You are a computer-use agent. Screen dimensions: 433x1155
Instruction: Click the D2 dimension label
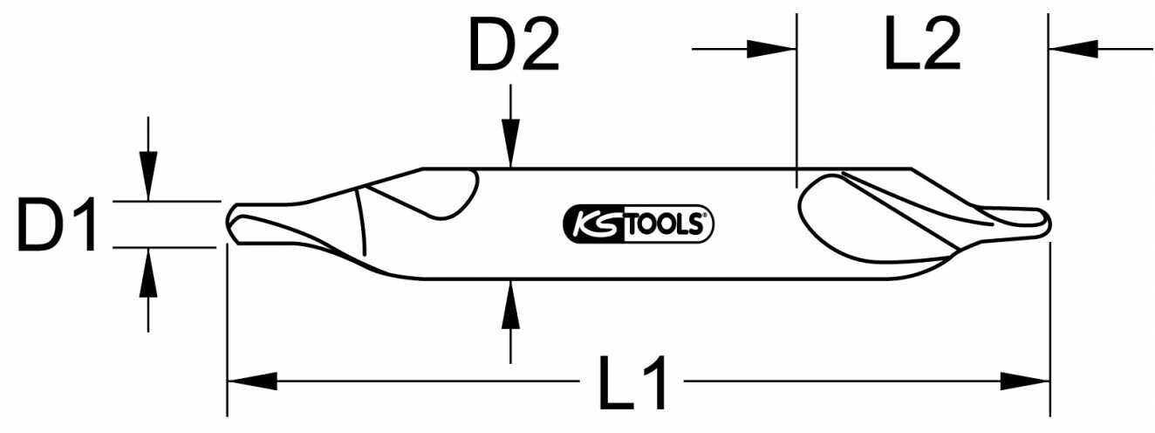pyautogui.click(x=513, y=45)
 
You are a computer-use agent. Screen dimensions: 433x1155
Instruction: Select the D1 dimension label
pyautogui.click(x=58, y=224)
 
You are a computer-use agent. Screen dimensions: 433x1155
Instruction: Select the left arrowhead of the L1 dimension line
pyautogui.click(x=253, y=381)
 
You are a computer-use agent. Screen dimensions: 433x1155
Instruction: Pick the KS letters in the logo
pyautogui.click(x=593, y=224)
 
